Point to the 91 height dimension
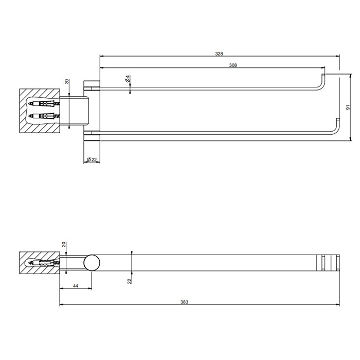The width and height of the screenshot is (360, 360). click(x=348, y=107)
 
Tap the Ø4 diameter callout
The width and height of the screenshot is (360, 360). click(x=127, y=80)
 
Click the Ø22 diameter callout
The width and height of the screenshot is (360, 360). click(x=92, y=159)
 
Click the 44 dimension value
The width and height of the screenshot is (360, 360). click(x=76, y=285)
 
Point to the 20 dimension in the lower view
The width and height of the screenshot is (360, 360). click(x=64, y=244)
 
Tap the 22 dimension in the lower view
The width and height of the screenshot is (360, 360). click(x=130, y=280)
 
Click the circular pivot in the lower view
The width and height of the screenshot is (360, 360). click(x=93, y=263)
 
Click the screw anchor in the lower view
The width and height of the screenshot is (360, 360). click(x=44, y=263)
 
